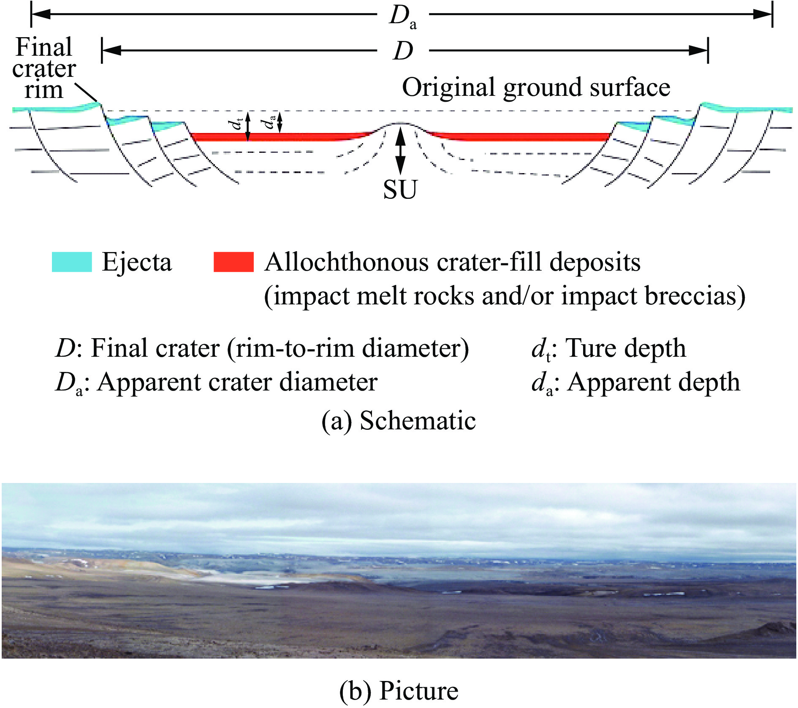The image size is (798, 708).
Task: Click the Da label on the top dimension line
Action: pyautogui.click(x=402, y=18)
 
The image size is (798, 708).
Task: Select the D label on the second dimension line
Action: pyautogui.click(x=403, y=52)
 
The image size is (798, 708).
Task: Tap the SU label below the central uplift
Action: pyautogui.click(x=400, y=190)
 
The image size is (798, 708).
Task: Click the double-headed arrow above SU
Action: pyautogui.click(x=400, y=151)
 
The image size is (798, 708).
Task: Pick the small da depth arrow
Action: pyautogui.click(x=280, y=122)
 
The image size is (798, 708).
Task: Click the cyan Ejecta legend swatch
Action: pyautogui.click(x=72, y=262)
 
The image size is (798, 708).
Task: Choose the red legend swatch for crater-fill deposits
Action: pyautogui.click(x=233, y=262)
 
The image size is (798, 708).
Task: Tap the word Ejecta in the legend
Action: pyautogui.click(x=137, y=262)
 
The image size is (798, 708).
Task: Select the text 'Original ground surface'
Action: pyautogui.click(x=536, y=87)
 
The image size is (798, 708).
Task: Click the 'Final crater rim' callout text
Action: pyautogui.click(x=43, y=68)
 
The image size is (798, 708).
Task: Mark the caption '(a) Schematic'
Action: pyautogui.click(x=399, y=420)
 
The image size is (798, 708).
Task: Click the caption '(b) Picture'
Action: pyautogui.click(x=399, y=691)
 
